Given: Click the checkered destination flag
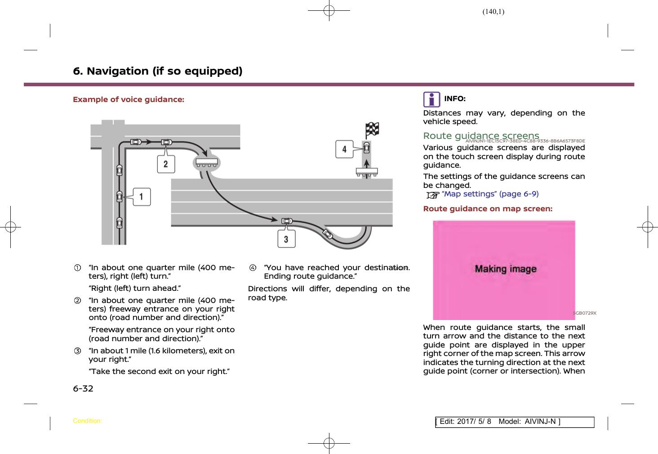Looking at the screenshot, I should (373, 130).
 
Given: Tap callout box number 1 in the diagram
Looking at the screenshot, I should (142, 197).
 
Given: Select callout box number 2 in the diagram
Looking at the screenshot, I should (166, 164).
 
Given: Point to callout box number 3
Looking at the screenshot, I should (286, 239).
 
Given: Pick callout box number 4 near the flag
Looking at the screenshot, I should (344, 149).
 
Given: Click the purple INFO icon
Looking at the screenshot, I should (431, 99).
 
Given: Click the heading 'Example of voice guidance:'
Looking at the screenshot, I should (129, 99).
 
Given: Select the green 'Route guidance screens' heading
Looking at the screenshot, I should (481, 136).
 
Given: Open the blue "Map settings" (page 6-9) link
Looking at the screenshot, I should (490, 194).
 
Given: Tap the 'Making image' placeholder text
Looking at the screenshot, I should (506, 269).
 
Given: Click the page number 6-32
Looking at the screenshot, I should (83, 388).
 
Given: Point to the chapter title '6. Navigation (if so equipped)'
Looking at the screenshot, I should (158, 71).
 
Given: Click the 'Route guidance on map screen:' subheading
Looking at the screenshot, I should (488, 209).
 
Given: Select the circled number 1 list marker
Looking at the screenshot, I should (78, 268).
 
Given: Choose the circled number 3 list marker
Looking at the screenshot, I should (78, 351).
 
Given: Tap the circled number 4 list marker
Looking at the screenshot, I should (253, 268).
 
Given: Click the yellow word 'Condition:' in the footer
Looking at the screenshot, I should (87, 421).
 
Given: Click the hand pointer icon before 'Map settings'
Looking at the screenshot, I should (433, 195).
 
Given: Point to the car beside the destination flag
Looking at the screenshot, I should (367, 147).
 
